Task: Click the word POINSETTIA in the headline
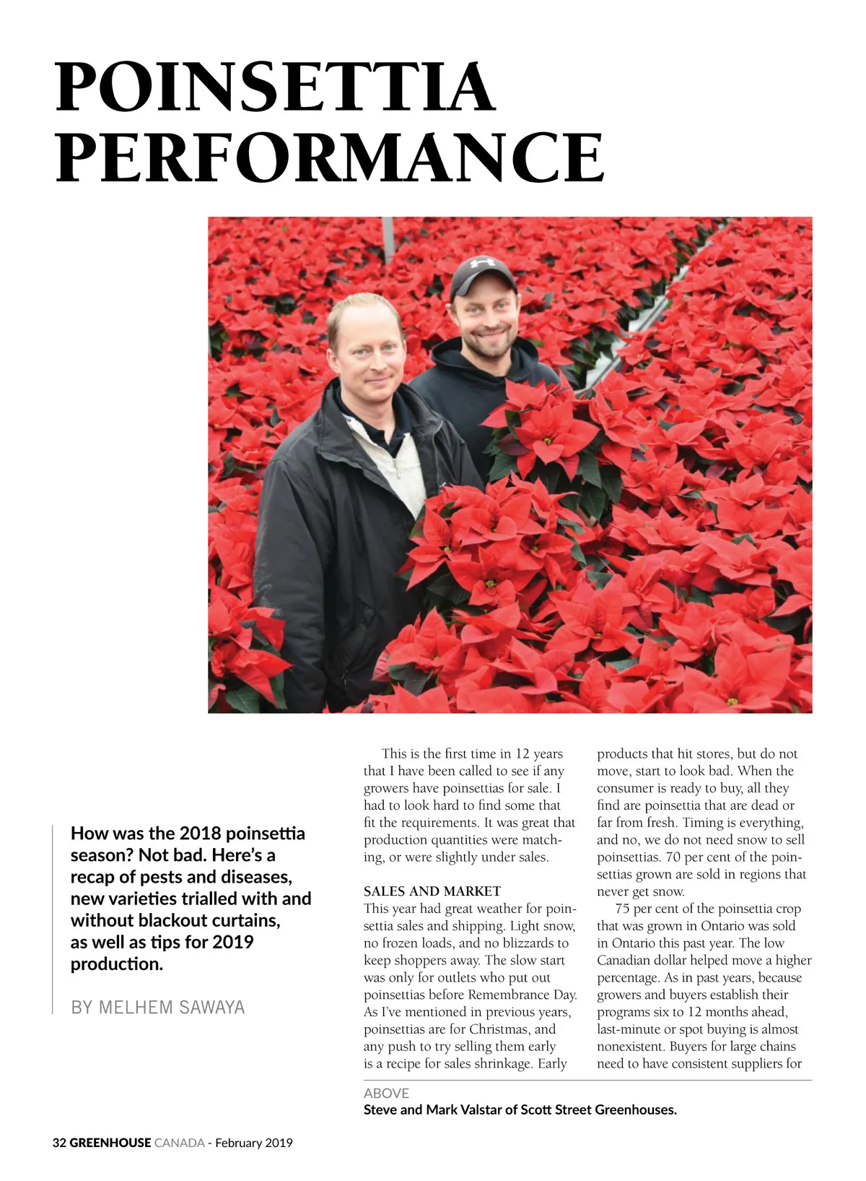pyautogui.click(x=275, y=87)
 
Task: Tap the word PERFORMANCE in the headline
pyautogui.click(x=330, y=157)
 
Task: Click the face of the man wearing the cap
pyautogui.click(x=484, y=321)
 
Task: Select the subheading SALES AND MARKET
pyautogui.click(x=432, y=891)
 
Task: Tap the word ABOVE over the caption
pyautogui.click(x=386, y=1093)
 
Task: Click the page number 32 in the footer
pyautogui.click(x=59, y=1143)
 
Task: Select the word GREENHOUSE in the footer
pyautogui.click(x=110, y=1143)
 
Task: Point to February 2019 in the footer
pyautogui.click(x=254, y=1143)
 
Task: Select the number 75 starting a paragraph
pyautogui.click(x=623, y=909)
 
